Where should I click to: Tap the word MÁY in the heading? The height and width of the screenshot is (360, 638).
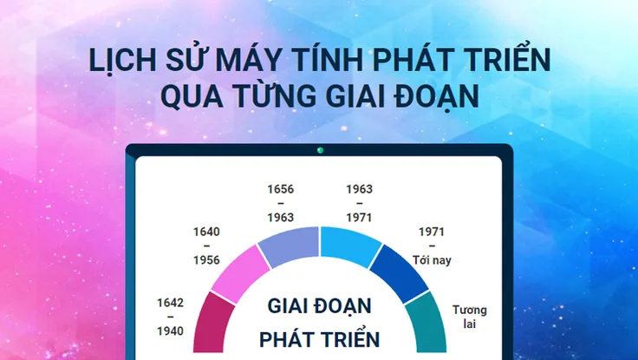tap(240, 63)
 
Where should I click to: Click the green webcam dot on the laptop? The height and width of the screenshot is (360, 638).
tap(319, 150)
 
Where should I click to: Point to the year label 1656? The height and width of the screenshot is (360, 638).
tap(280, 188)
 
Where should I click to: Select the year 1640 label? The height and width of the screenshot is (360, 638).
tap(206, 232)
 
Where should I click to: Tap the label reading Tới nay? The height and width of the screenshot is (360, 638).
tap(432, 259)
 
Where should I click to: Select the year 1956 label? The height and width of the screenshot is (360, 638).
tap(206, 259)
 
